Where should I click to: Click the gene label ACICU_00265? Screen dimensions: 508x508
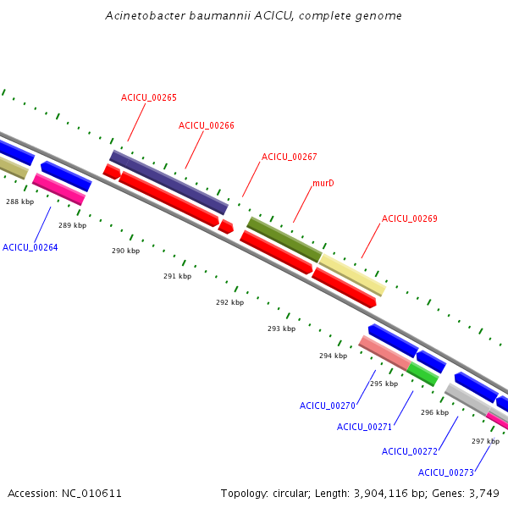[x=149, y=98]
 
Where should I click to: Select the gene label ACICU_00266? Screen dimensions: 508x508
[x=207, y=126]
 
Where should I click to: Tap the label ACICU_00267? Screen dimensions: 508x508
[x=290, y=157]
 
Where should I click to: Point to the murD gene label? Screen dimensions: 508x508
[x=323, y=183]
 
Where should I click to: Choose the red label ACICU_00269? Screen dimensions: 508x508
[x=410, y=219]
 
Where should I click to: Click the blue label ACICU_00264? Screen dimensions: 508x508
[x=30, y=247]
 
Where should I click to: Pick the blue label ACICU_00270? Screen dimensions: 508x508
[x=328, y=406]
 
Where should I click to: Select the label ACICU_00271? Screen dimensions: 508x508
[x=365, y=427]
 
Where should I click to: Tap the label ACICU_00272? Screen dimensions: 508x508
[x=410, y=451]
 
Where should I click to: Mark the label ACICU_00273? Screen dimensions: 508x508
[x=446, y=472]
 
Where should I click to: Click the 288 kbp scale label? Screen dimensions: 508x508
[x=19, y=202]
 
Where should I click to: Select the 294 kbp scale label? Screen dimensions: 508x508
[x=333, y=356]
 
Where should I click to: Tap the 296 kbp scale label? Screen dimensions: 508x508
[x=434, y=413]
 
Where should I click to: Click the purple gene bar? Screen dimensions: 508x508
[x=168, y=182]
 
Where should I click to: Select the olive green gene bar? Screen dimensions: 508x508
[x=284, y=239]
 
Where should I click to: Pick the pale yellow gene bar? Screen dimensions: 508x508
[x=352, y=274]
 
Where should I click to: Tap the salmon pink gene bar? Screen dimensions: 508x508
[x=384, y=353]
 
